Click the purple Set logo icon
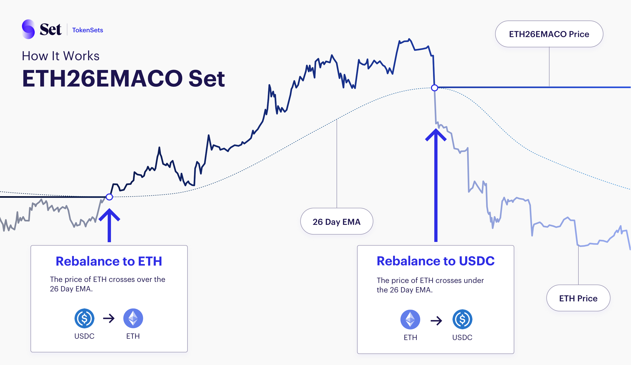(28, 29)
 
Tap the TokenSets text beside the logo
(88, 30)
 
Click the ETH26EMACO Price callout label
(549, 34)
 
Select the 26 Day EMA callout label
(337, 221)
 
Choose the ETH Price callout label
(578, 298)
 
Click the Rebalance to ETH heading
(109, 261)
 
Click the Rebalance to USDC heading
(436, 261)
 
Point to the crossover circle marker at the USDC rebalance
(435, 88)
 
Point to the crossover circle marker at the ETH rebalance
(109, 197)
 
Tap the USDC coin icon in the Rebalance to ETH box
(84, 318)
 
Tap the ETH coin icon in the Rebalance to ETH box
(133, 318)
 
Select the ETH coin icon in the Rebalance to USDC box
(410, 320)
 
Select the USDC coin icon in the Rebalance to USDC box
(462, 320)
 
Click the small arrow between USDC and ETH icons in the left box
(109, 318)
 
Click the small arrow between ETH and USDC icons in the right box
(436, 321)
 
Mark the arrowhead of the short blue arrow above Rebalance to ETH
(109, 209)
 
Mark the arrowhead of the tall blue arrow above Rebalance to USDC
(436, 129)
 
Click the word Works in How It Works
(82, 56)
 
